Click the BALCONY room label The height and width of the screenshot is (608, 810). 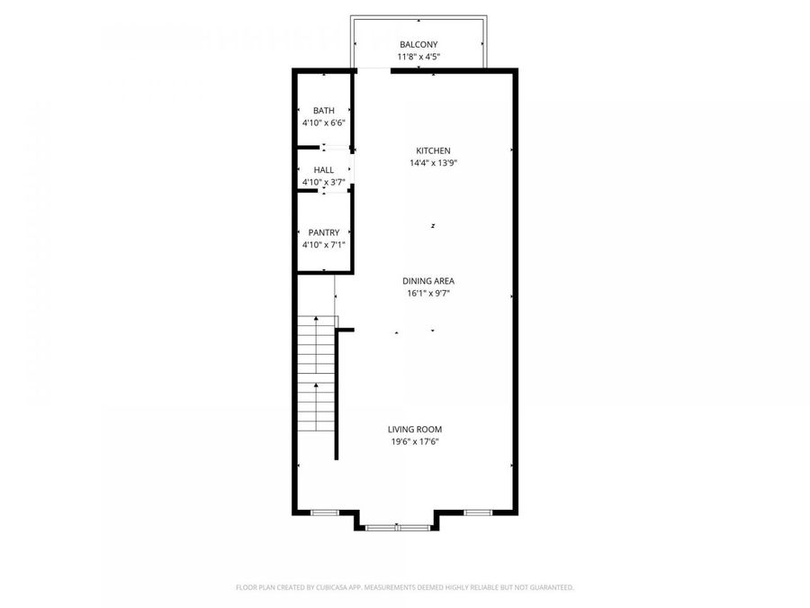click(x=418, y=44)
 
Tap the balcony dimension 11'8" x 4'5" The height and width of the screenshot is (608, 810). click(x=418, y=57)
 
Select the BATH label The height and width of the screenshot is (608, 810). click(x=324, y=111)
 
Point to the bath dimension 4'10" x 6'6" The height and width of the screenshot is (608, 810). click(x=324, y=123)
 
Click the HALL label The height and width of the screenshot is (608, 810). click(x=324, y=170)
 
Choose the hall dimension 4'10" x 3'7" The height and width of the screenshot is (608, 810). click(x=324, y=182)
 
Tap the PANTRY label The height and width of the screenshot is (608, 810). click(x=324, y=232)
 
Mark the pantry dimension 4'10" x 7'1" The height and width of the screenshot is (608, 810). click(x=324, y=245)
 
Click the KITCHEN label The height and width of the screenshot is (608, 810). click(x=434, y=151)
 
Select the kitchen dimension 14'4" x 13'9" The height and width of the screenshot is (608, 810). click(x=434, y=163)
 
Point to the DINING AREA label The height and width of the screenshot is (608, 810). click(x=428, y=281)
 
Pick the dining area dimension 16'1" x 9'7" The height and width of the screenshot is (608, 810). click(x=428, y=294)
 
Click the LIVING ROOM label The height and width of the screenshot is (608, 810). click(x=415, y=429)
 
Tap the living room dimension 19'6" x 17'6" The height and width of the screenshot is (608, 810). click(x=415, y=441)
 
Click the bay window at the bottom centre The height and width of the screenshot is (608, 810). click(x=397, y=527)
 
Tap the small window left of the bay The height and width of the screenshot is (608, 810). click(x=324, y=513)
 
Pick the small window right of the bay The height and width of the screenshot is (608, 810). click(x=478, y=513)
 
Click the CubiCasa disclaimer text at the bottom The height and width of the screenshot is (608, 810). click(x=405, y=587)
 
